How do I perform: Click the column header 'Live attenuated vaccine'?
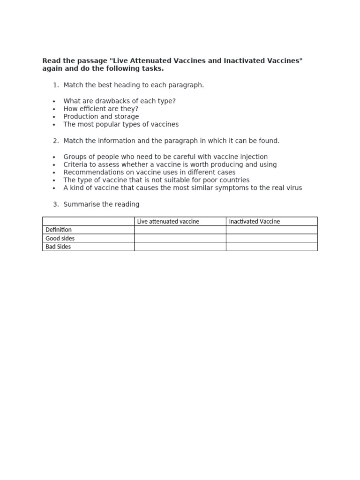[168, 221]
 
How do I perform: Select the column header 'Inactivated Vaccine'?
[254, 221]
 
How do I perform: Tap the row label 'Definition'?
[59, 230]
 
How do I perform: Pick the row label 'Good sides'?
[60, 238]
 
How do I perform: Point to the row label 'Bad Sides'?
[58, 247]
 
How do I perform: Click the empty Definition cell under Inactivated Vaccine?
[271, 230]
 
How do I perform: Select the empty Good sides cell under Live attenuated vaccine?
[180, 238]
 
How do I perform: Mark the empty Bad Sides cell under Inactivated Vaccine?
[271, 247]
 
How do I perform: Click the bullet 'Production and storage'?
[101, 116]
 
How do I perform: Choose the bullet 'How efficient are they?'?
[101, 109]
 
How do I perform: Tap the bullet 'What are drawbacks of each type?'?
[120, 101]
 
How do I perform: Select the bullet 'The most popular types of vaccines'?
[121, 124]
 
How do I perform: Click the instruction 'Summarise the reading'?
[101, 204]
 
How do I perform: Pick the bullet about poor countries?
[157, 180]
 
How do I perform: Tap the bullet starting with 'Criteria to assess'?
[170, 165]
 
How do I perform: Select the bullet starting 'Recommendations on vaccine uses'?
[150, 172]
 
